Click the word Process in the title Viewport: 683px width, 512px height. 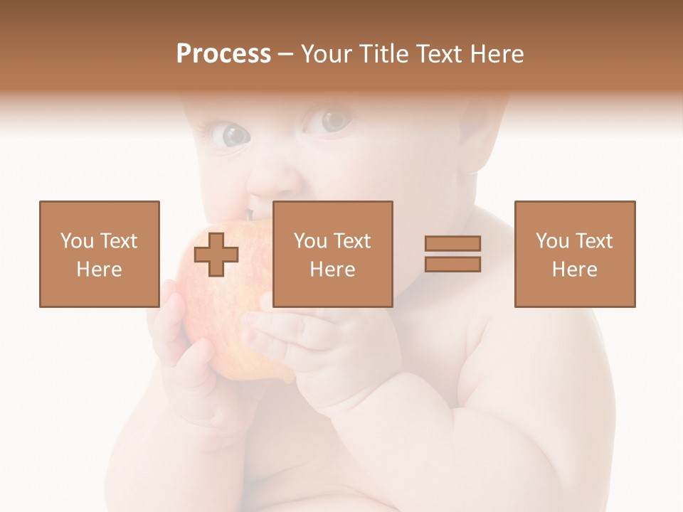tap(223, 54)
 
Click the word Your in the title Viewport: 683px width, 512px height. tap(327, 54)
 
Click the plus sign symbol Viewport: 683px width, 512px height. tap(216, 255)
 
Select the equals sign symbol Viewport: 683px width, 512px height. tap(452, 254)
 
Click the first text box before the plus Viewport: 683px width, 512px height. tap(100, 254)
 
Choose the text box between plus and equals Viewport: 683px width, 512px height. tap(333, 254)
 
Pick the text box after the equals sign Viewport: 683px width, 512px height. tap(575, 254)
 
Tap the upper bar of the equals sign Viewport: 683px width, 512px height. tap(452, 244)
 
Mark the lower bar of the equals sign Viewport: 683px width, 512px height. tap(452, 264)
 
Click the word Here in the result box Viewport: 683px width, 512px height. tap(575, 270)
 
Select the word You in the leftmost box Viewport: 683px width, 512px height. tap(76, 241)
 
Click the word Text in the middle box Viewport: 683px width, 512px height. tap(353, 241)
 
